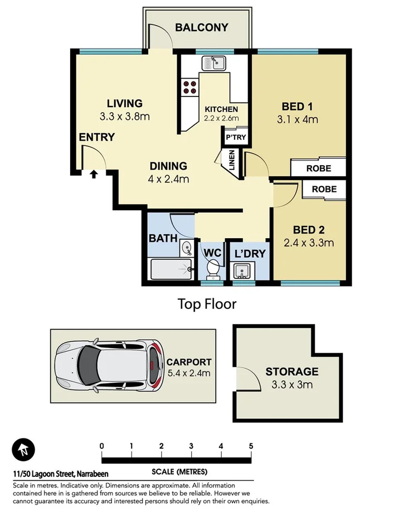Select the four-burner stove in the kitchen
[x=188, y=87]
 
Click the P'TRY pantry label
[x=236, y=137]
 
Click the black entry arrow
[x=94, y=174]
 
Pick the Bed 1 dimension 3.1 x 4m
[x=297, y=119]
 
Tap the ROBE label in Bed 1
[x=318, y=168]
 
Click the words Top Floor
[x=207, y=304]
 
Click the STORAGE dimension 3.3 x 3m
[x=292, y=384]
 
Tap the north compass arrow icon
[x=23, y=450]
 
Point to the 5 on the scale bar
[x=251, y=446]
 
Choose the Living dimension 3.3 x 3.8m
[x=125, y=117]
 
